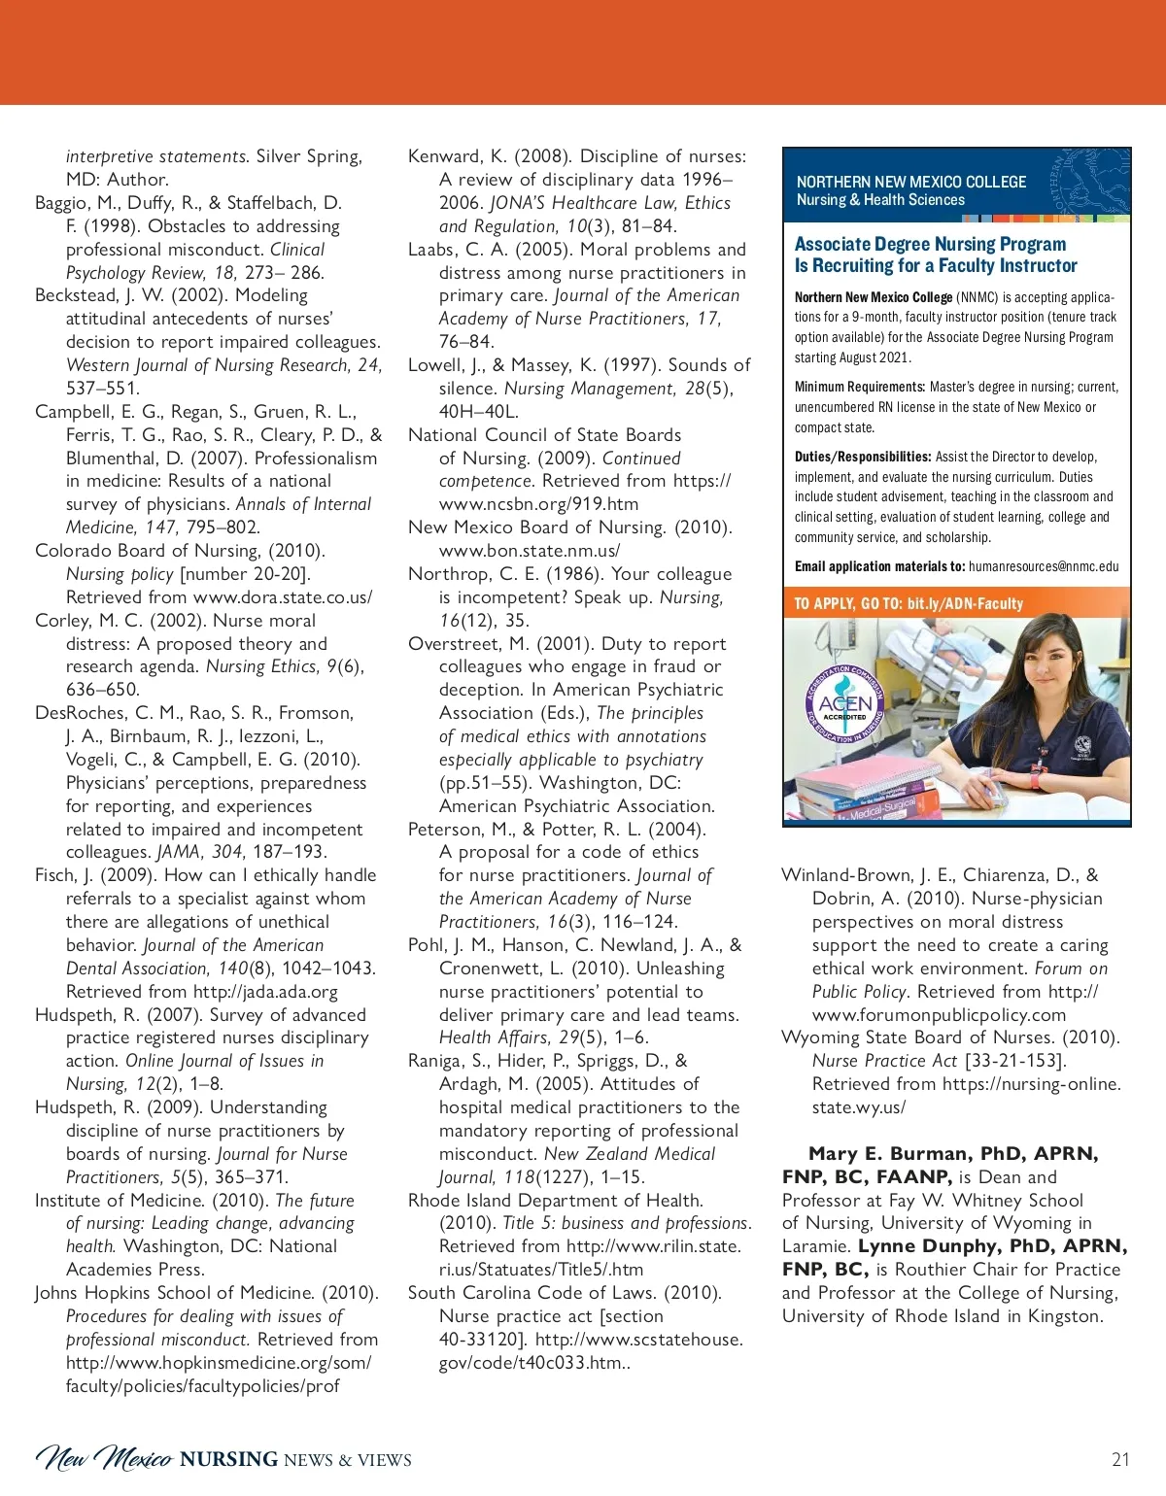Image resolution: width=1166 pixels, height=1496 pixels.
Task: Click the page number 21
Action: click(1120, 1459)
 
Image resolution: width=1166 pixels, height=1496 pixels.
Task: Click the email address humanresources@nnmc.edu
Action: click(1044, 566)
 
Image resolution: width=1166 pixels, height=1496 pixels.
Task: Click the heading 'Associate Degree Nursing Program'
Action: click(930, 244)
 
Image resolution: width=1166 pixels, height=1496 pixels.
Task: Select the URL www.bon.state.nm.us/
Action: click(530, 551)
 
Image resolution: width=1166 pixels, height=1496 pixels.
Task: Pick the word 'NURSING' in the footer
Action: click(229, 1459)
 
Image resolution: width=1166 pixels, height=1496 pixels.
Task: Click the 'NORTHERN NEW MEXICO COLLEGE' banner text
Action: click(911, 182)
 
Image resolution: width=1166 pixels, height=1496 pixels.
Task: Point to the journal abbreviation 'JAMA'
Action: click(179, 852)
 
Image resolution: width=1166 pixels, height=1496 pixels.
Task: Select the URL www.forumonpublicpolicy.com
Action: click(939, 1014)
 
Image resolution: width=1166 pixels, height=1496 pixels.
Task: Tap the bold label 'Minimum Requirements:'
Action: click(859, 387)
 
